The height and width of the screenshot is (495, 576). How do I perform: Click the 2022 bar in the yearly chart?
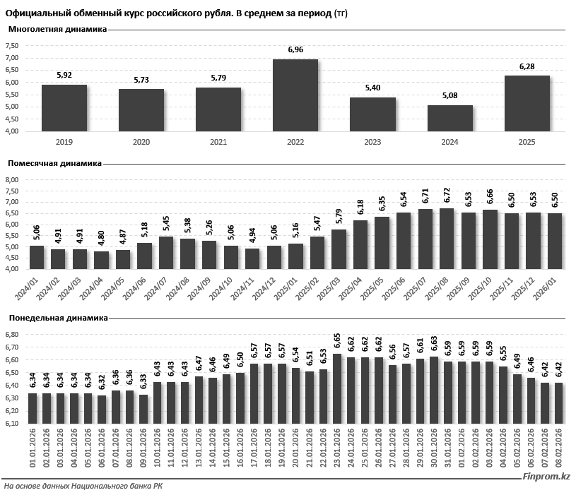click(295, 95)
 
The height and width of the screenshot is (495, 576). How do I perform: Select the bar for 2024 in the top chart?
click(449, 119)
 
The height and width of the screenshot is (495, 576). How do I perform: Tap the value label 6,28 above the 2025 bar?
click(527, 66)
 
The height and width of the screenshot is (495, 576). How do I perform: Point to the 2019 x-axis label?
click(64, 142)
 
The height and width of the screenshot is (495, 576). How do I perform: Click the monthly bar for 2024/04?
click(101, 260)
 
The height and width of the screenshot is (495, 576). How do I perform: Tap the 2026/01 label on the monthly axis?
click(553, 290)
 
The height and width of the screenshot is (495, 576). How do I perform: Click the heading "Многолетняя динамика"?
click(57, 30)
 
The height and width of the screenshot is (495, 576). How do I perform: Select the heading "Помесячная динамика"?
click(55, 163)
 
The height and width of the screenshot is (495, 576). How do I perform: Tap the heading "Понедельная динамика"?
click(57, 318)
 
